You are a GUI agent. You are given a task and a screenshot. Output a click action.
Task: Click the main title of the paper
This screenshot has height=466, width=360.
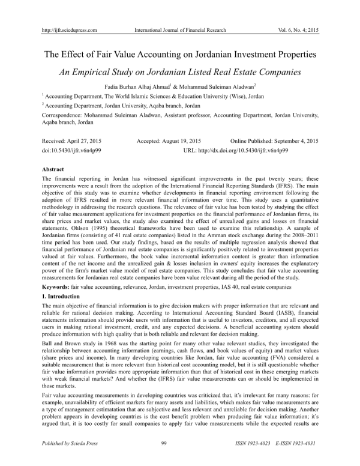pos(180,55)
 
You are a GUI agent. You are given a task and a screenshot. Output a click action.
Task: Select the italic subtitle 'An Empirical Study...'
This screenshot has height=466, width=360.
pos(180,72)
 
